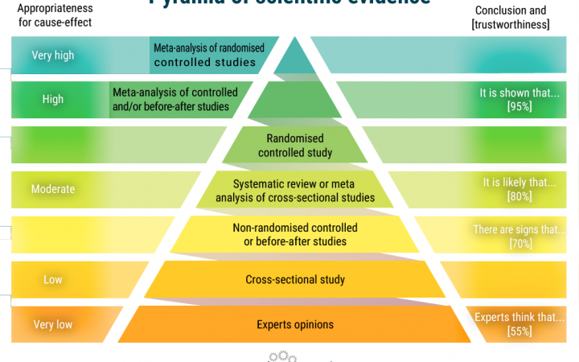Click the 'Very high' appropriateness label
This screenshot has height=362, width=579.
pyautogui.click(x=53, y=56)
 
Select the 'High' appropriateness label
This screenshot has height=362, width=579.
pyautogui.click(x=53, y=100)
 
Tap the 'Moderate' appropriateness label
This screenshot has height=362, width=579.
pyautogui.click(x=53, y=189)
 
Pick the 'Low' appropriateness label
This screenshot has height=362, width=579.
pyautogui.click(x=53, y=279)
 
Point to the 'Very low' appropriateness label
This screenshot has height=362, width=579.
pyautogui.click(x=53, y=325)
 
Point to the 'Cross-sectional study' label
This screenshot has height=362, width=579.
pyautogui.click(x=295, y=279)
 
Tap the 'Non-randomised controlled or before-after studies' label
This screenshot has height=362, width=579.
pyautogui.click(x=295, y=235)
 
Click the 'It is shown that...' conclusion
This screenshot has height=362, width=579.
pyautogui.click(x=519, y=93)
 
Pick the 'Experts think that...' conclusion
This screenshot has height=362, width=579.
pyautogui.click(x=515, y=317)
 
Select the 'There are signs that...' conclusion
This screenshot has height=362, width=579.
pyautogui.click(x=515, y=229)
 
